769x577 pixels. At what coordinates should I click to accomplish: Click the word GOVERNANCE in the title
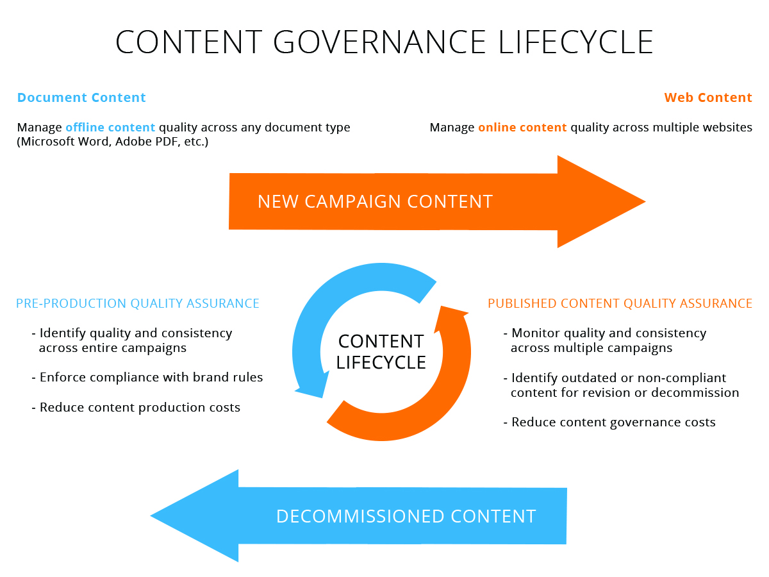(x=379, y=42)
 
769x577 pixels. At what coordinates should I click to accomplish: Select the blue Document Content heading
(x=81, y=97)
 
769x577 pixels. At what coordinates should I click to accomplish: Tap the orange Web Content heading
(x=708, y=97)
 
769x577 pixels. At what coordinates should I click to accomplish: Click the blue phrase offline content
(x=110, y=127)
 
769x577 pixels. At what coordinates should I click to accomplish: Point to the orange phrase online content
(x=522, y=127)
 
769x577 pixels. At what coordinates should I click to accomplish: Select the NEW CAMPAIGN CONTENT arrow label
(x=376, y=201)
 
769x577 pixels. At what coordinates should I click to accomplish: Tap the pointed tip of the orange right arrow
(x=645, y=201)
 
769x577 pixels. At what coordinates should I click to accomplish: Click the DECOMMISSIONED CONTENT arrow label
(x=406, y=516)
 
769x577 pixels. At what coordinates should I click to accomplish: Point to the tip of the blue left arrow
(x=151, y=515)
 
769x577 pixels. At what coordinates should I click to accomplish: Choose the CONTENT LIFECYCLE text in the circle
(x=381, y=352)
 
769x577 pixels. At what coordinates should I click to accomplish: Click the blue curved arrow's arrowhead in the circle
(x=312, y=386)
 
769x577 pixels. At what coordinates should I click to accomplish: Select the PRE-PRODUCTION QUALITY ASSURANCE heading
(x=138, y=303)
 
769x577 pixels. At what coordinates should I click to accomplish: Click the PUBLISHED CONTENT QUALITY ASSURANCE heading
(x=620, y=303)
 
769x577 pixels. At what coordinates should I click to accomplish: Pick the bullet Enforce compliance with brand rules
(x=147, y=378)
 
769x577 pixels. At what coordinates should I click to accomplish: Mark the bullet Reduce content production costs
(x=136, y=408)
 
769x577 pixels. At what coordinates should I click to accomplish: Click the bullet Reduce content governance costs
(x=609, y=422)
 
